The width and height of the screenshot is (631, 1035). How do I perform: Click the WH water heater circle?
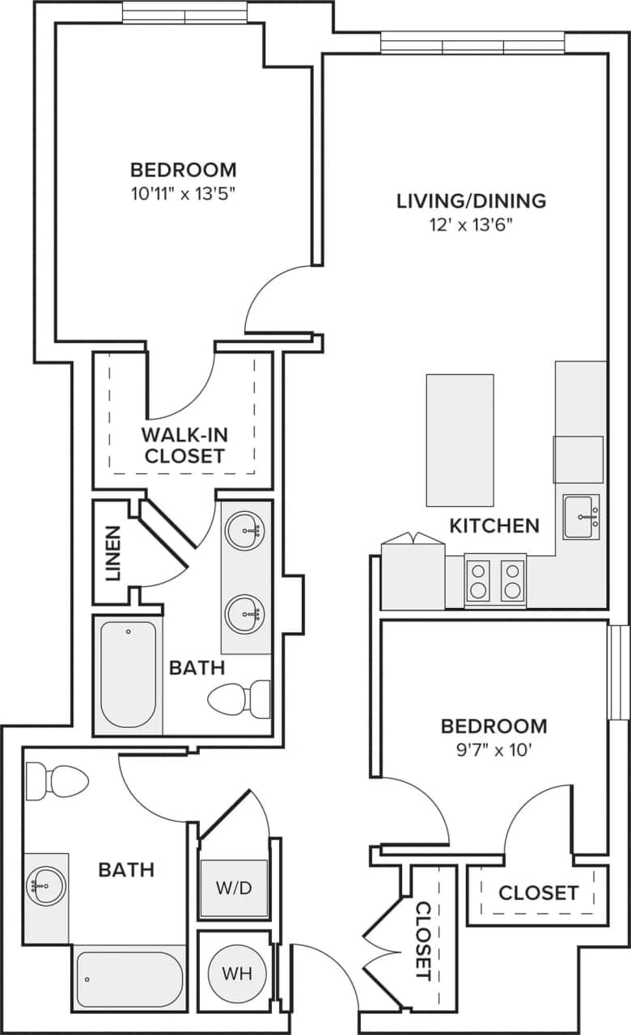click(x=238, y=973)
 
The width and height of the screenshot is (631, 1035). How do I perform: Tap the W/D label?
click(x=235, y=888)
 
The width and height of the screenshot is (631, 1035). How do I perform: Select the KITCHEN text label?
click(x=493, y=526)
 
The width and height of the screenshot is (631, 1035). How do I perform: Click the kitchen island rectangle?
click(x=459, y=440)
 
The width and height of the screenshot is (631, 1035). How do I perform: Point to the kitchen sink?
click(x=582, y=516)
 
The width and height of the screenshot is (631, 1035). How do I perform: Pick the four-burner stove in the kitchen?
click(x=495, y=581)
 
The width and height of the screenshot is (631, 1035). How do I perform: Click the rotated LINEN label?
click(x=112, y=554)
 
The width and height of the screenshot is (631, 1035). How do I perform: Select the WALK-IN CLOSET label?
click(x=183, y=444)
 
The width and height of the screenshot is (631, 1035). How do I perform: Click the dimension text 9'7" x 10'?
click(x=493, y=750)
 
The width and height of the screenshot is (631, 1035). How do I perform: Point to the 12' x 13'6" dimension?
click(x=471, y=226)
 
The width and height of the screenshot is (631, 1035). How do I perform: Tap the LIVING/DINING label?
click(x=471, y=201)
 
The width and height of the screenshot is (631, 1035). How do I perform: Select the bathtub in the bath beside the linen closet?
click(x=128, y=674)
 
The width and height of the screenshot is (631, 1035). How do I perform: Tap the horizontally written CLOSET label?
click(x=538, y=893)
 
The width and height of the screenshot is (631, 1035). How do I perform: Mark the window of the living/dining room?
click(x=473, y=43)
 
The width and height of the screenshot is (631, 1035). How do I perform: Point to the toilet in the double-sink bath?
click(x=239, y=698)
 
